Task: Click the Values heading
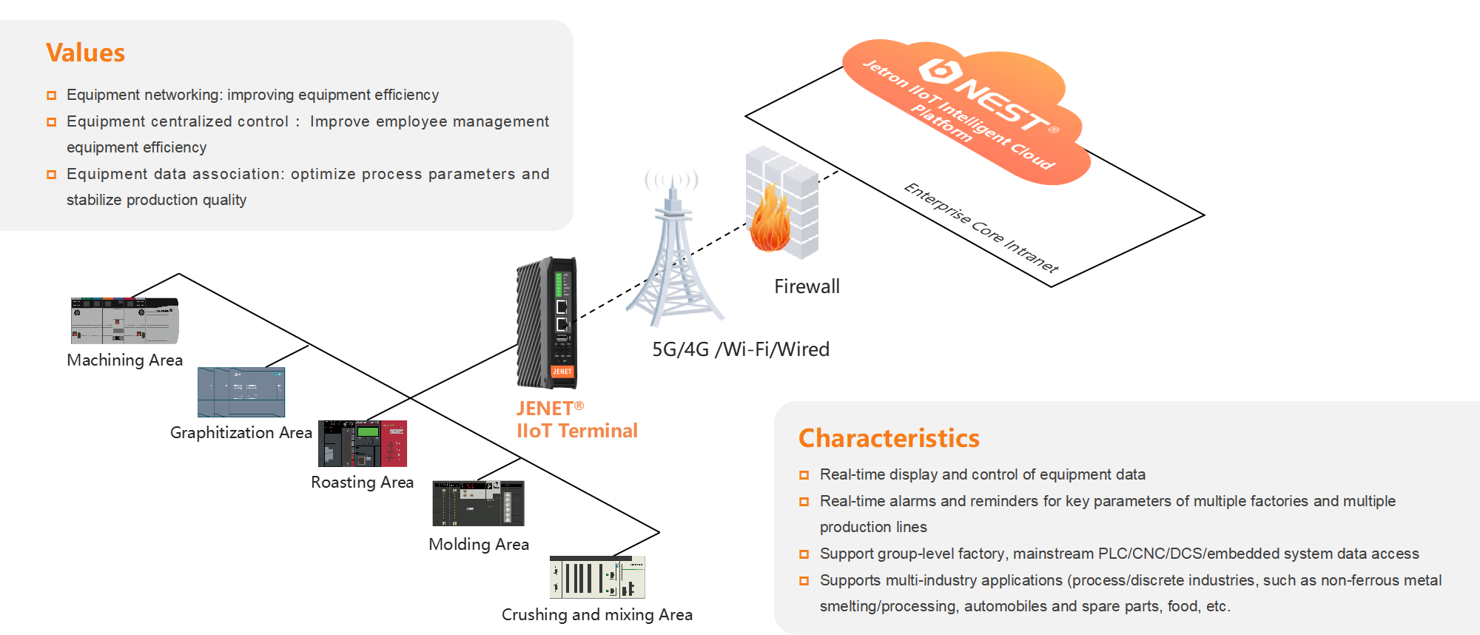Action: pyautogui.click(x=85, y=53)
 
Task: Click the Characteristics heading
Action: pyautogui.click(x=889, y=438)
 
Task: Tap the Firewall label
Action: pyautogui.click(x=807, y=286)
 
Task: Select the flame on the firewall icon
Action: pyautogui.click(x=770, y=222)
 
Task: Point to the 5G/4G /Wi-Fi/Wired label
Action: pyautogui.click(x=741, y=349)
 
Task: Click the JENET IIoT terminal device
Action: pyautogui.click(x=548, y=322)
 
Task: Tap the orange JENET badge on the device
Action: pyautogui.click(x=562, y=372)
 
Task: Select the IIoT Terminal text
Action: pyautogui.click(x=576, y=431)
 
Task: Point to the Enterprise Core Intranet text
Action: pyautogui.click(x=981, y=228)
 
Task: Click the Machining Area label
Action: pyautogui.click(x=124, y=360)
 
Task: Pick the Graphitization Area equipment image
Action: pyautogui.click(x=241, y=392)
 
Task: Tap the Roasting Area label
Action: pyautogui.click(x=362, y=483)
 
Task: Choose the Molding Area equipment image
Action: pyautogui.click(x=478, y=503)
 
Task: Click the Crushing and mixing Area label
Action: pyautogui.click(x=597, y=615)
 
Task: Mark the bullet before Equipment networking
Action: pyautogui.click(x=52, y=95)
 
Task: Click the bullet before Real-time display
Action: pyautogui.click(x=804, y=475)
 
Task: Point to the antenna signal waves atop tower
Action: pyautogui.click(x=671, y=180)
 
